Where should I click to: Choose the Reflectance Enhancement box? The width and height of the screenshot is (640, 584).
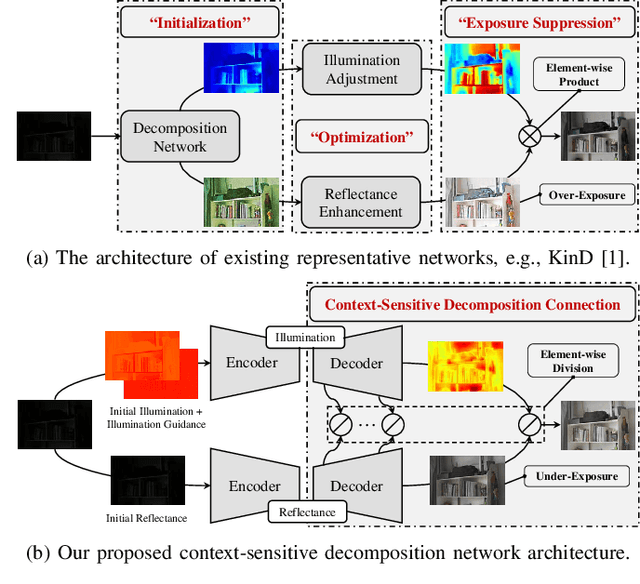click(361, 202)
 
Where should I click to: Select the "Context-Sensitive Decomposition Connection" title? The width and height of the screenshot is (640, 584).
click(472, 304)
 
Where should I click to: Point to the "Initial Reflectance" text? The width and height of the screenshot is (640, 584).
click(148, 518)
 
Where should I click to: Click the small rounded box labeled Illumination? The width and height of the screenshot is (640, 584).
click(306, 337)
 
